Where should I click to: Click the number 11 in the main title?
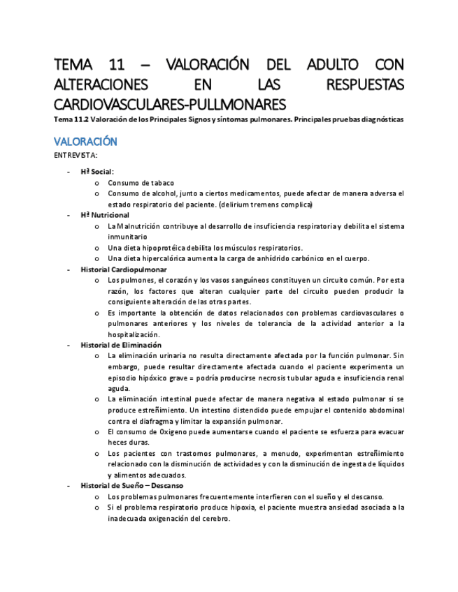click(117, 65)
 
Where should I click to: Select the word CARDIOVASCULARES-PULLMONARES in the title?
click(169, 105)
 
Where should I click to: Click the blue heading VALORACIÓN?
click(85, 141)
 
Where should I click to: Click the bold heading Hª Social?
click(97, 171)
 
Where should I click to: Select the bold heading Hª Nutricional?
click(105, 215)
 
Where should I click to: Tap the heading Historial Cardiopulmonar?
click(123, 269)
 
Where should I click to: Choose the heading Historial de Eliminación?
click(121, 345)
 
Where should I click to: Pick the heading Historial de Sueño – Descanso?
click(131, 485)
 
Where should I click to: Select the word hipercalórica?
click(162, 258)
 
